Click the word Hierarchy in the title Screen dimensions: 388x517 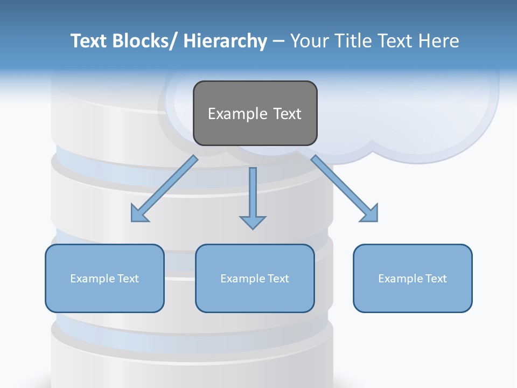225,41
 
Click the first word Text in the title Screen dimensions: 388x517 88,41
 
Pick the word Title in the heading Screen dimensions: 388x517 352,41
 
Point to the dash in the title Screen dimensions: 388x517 278,41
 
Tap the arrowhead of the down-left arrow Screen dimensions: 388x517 139,214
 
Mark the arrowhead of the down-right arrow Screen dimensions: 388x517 370,214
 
